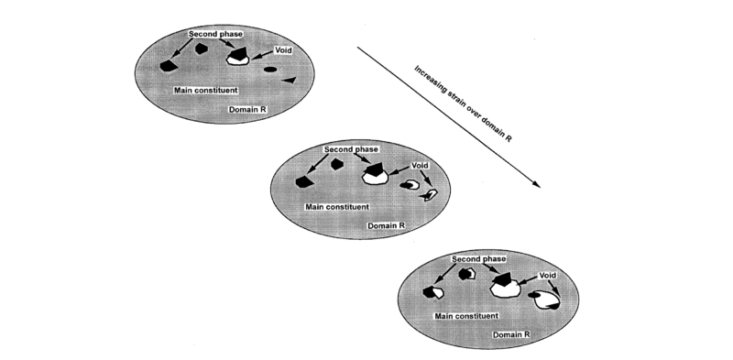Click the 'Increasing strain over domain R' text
point(463,107)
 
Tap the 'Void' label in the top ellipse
point(282,50)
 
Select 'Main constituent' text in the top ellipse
point(206,90)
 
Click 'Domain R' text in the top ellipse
point(246,109)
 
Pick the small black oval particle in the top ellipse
point(270,70)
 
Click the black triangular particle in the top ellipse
point(289,82)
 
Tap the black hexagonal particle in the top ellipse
point(168,65)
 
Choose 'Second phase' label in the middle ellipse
point(351,149)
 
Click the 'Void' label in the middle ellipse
point(421,166)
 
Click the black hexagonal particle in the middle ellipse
point(338,165)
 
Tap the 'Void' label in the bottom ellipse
point(548,275)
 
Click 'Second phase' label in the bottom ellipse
point(479,259)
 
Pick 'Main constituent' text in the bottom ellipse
point(466,315)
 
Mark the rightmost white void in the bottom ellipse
point(547,298)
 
